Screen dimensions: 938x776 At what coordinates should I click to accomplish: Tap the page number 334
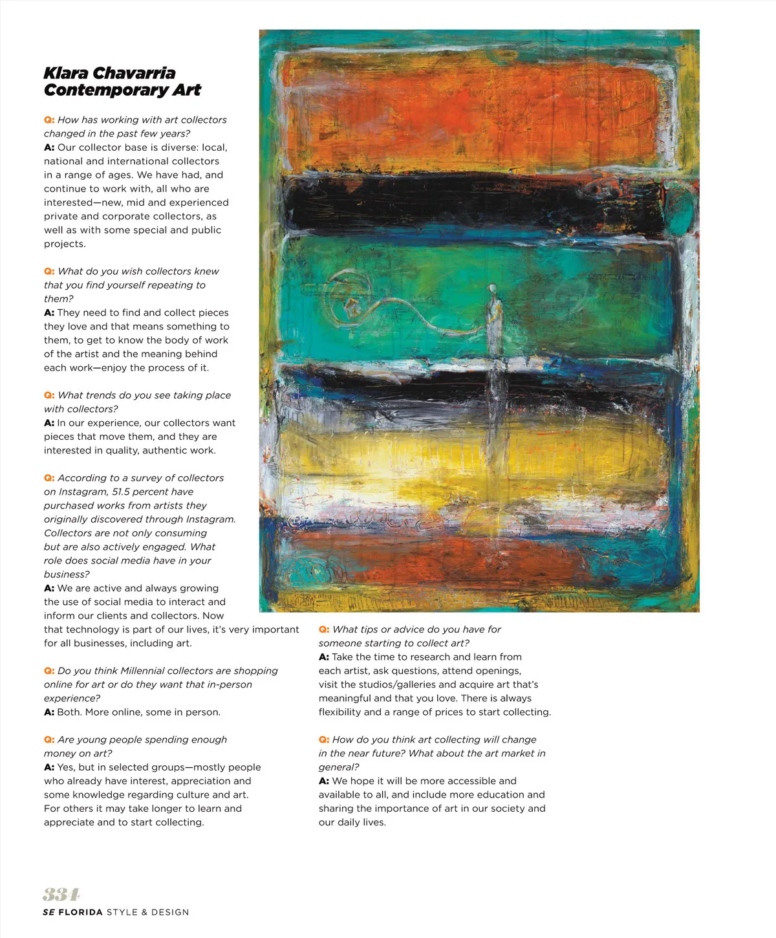(x=61, y=895)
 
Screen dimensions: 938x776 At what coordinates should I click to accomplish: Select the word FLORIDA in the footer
(x=80, y=912)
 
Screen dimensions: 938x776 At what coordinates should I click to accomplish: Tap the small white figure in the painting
(x=494, y=320)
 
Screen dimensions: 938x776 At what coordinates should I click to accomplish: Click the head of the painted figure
(x=493, y=288)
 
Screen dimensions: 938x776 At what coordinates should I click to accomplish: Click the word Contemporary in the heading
(x=105, y=90)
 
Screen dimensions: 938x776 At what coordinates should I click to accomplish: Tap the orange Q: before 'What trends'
(x=49, y=395)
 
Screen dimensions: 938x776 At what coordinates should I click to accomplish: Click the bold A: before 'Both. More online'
(x=49, y=712)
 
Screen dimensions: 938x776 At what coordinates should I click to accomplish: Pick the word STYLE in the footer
(x=122, y=912)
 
